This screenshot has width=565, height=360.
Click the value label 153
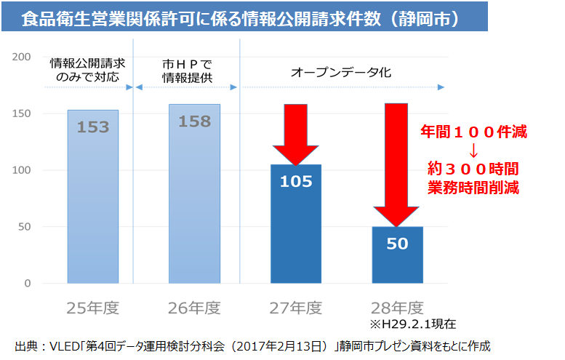[x=92, y=127]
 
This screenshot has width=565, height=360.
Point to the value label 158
[x=194, y=121]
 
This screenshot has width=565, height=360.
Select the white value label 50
[x=397, y=244]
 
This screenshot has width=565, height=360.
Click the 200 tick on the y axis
[x=22, y=57]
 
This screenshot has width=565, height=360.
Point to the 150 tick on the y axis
[x=22, y=113]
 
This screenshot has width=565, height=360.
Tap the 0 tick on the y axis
[x=27, y=283]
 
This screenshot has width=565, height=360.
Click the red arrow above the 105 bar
[x=296, y=135]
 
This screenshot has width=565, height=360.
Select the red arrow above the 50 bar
[x=396, y=164]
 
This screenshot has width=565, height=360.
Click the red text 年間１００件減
[x=473, y=133]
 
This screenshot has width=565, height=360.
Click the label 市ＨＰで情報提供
[x=187, y=72]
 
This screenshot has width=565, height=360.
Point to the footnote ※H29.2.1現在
[x=417, y=324]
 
